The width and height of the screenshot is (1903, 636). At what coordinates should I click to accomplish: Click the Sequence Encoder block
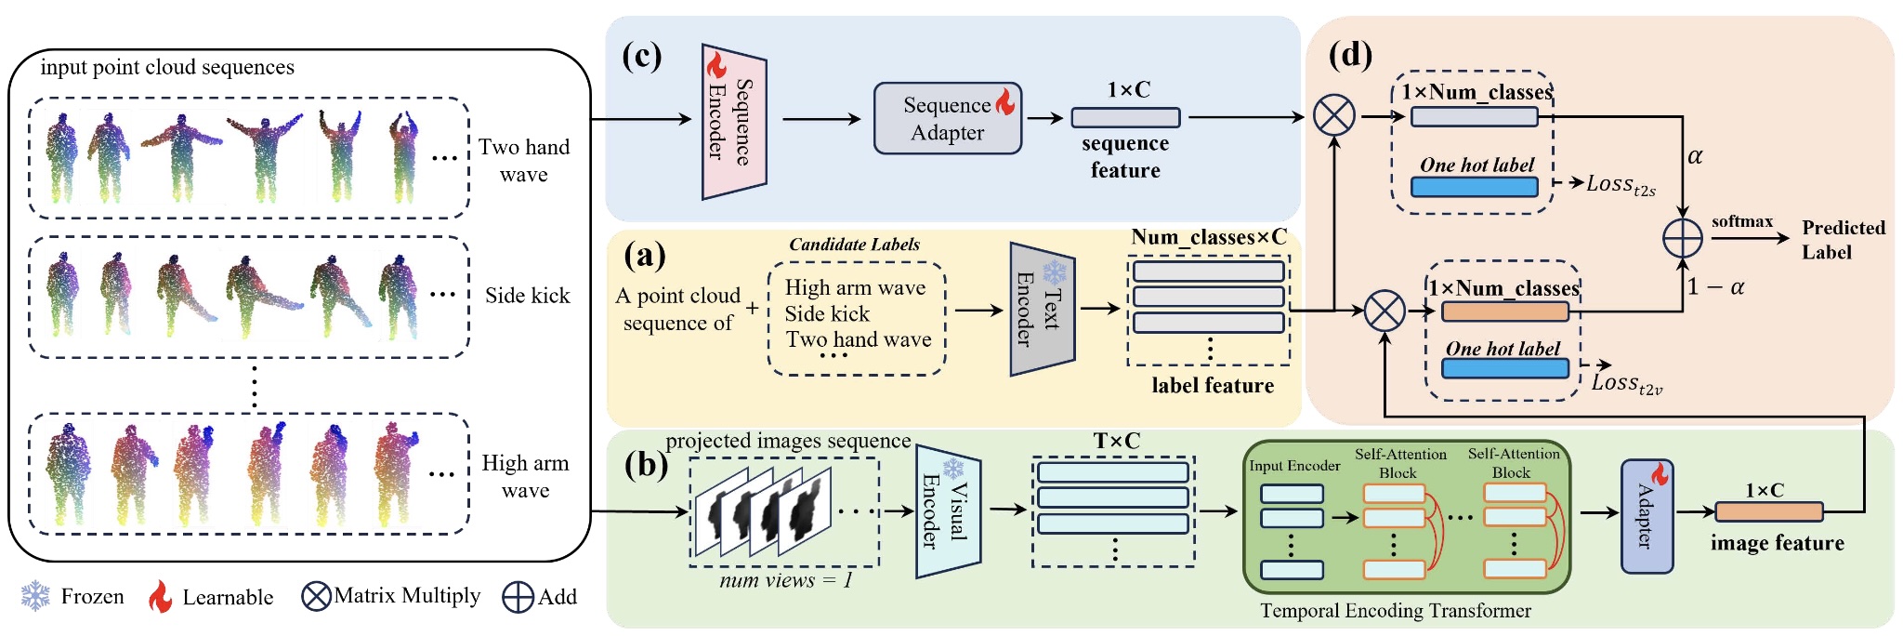[x=733, y=121]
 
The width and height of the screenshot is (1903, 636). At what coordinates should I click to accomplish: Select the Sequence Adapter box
[x=947, y=118]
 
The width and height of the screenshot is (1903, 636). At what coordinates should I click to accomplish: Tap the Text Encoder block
[x=1042, y=309]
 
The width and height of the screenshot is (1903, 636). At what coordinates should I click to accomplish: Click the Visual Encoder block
[x=948, y=511]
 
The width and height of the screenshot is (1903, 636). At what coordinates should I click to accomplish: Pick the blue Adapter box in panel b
[x=1647, y=516]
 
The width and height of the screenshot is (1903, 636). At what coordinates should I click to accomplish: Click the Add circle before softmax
[x=1682, y=238]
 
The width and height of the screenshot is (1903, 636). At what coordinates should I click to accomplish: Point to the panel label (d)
[x=1350, y=56]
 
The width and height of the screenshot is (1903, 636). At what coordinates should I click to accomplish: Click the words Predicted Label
[x=1842, y=240]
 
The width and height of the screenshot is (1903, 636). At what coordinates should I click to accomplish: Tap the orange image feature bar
[x=1768, y=511]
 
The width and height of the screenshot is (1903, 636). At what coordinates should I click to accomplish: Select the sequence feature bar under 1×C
[x=1125, y=118]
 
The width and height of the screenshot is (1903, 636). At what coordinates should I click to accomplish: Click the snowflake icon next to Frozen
[x=35, y=596]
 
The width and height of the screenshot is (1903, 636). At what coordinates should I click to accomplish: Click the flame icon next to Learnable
[x=161, y=596]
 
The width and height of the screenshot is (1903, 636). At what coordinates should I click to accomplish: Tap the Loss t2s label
[x=1621, y=185]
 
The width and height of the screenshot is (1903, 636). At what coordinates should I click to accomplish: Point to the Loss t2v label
[x=1626, y=383]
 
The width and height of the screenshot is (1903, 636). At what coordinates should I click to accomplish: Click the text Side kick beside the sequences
[x=527, y=296]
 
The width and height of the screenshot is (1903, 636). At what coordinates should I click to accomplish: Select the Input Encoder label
[x=1293, y=466]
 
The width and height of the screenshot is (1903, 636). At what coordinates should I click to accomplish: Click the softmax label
[x=1741, y=221]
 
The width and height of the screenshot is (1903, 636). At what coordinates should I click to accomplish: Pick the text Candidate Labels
[x=854, y=245]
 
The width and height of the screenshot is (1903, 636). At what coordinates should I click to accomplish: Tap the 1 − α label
[x=1715, y=287]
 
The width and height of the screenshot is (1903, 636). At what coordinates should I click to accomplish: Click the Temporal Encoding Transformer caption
[x=1395, y=611]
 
